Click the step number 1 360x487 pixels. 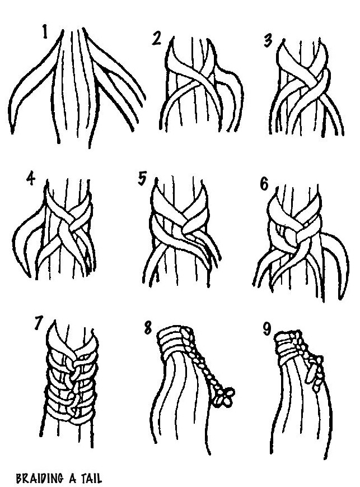point(45,32)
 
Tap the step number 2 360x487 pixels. point(157,38)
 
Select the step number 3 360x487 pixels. point(268,41)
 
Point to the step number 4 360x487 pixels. point(31,179)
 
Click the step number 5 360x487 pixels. point(142,179)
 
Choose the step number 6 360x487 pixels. point(264,184)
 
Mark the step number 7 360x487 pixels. point(38,323)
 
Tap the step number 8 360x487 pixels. point(148,328)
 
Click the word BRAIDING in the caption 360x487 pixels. point(39,478)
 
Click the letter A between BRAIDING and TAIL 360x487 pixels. point(72,478)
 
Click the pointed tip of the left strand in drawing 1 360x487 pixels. point(12,132)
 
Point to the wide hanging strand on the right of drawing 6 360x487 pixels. point(336,264)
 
